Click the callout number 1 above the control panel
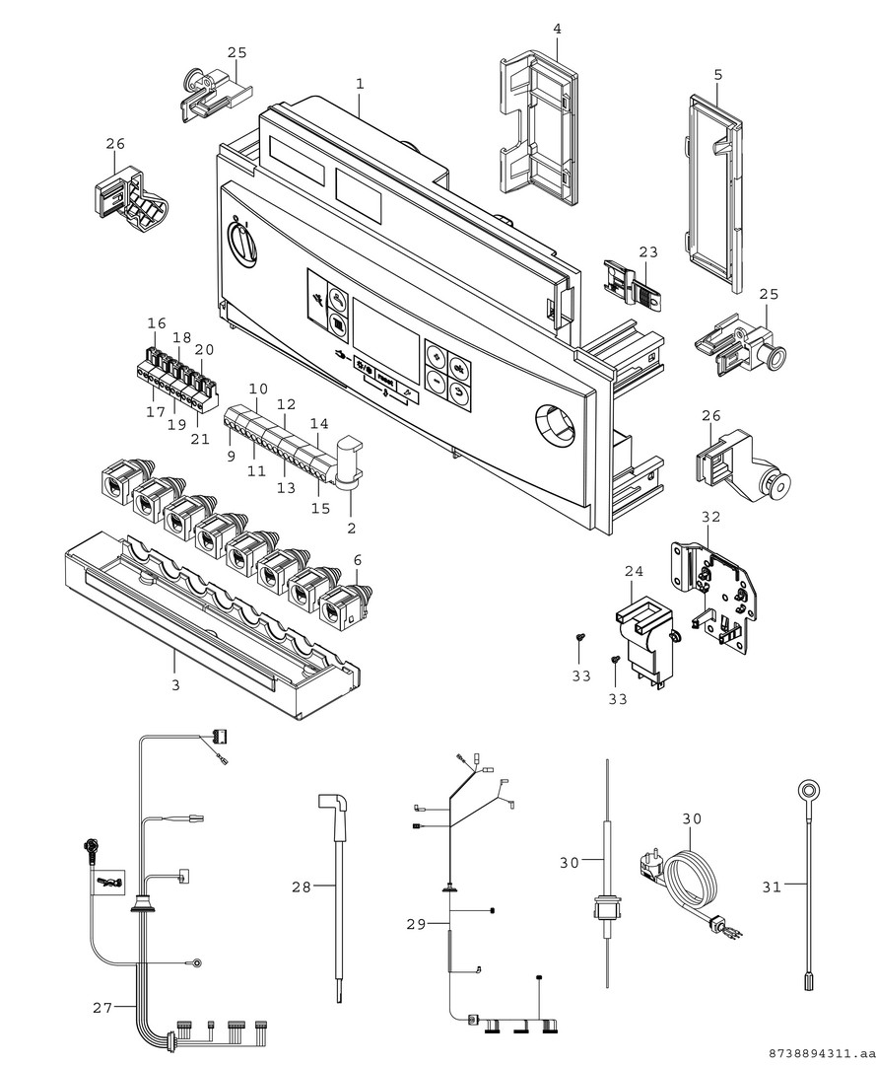pos(360,85)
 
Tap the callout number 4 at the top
pos(557,30)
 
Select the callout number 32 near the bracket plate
pos(710,516)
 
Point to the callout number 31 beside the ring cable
pos(772,887)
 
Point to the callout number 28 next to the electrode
pos(301,887)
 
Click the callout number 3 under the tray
pos(175,684)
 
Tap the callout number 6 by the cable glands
pos(358,560)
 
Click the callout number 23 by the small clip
pos(647,252)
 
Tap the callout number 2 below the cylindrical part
pos(351,529)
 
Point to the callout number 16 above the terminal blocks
pos(157,323)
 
